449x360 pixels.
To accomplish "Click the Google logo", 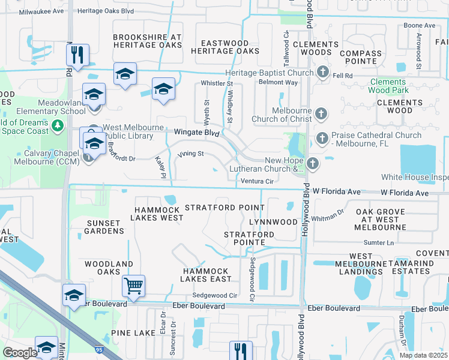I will pyautogui.click(x=20, y=353).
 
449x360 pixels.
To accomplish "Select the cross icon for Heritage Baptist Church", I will pyautogui.click(x=322, y=73).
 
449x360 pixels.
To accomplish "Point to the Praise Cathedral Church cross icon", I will pyautogui.click(x=322, y=139).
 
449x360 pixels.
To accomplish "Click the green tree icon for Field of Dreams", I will pyautogui.click(x=58, y=126).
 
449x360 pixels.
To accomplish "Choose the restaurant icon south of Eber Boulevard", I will pyautogui.click(x=241, y=350).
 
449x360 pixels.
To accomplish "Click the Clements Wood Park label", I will pyautogui.click(x=388, y=86).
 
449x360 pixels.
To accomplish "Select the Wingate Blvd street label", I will pyautogui.click(x=194, y=131).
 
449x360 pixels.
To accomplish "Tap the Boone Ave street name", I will pyautogui.click(x=419, y=25).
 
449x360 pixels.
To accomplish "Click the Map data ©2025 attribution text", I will pyautogui.click(x=423, y=355).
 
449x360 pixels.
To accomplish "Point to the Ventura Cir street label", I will pyautogui.click(x=257, y=181).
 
